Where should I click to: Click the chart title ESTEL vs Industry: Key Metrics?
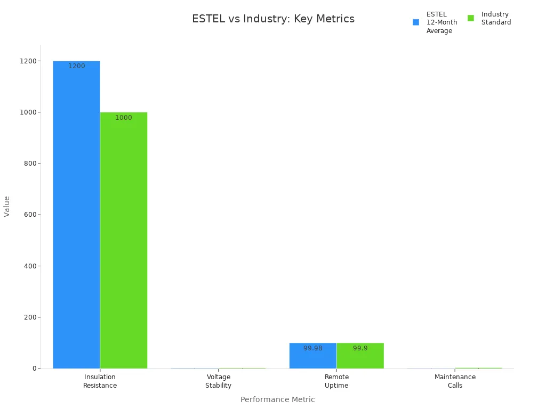click(273, 19)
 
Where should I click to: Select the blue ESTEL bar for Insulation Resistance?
click(76, 213)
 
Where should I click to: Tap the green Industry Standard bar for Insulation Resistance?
click(124, 240)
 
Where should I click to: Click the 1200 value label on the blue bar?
click(76, 66)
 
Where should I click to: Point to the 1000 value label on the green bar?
click(124, 118)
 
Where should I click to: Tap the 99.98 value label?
click(313, 348)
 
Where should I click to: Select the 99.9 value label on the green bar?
click(360, 348)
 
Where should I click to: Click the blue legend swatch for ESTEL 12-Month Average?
click(416, 22)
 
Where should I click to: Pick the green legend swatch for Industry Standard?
click(471, 18)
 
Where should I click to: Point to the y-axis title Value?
click(7, 206)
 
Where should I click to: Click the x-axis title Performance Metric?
click(277, 399)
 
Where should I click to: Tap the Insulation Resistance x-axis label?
click(100, 381)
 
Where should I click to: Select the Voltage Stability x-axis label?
click(218, 381)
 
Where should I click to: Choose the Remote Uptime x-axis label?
click(336, 381)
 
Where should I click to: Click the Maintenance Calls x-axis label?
click(455, 381)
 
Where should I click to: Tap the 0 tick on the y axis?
click(34, 369)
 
